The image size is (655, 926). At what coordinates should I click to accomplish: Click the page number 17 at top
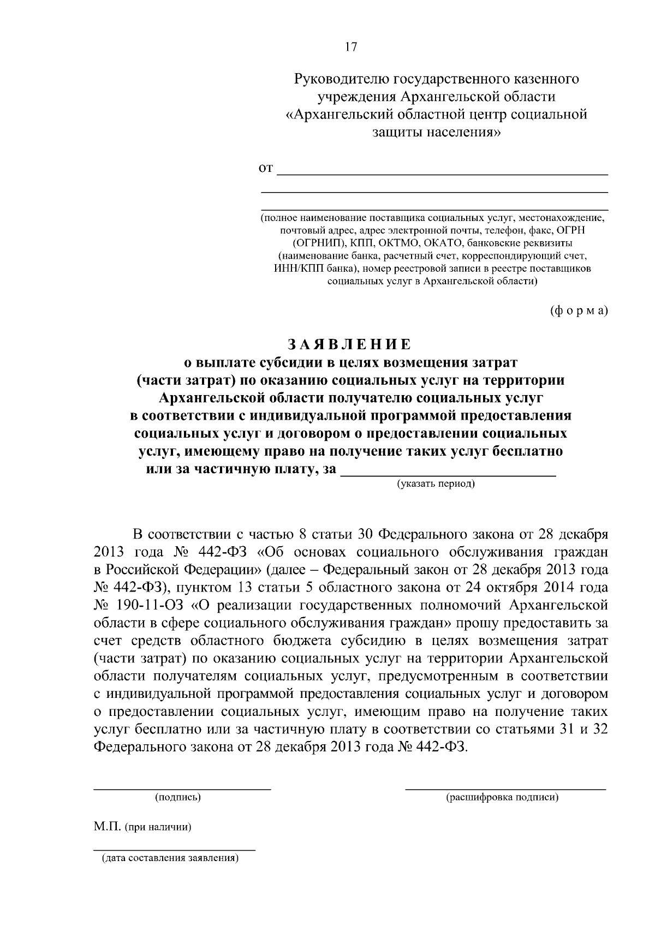tap(350, 47)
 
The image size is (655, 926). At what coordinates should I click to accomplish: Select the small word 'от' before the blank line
tap(265, 169)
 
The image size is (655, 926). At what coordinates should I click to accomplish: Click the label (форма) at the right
tap(577, 310)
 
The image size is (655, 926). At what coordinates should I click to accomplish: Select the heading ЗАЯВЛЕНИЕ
tap(350, 344)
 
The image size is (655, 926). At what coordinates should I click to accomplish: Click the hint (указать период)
tap(436, 483)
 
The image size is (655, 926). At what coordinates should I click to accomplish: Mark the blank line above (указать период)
tap(448, 475)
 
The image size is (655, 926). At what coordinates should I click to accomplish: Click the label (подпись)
tap(178, 798)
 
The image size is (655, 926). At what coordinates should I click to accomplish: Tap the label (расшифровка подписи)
tap(502, 798)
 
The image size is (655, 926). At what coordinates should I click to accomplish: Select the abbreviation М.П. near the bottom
tap(106, 827)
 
